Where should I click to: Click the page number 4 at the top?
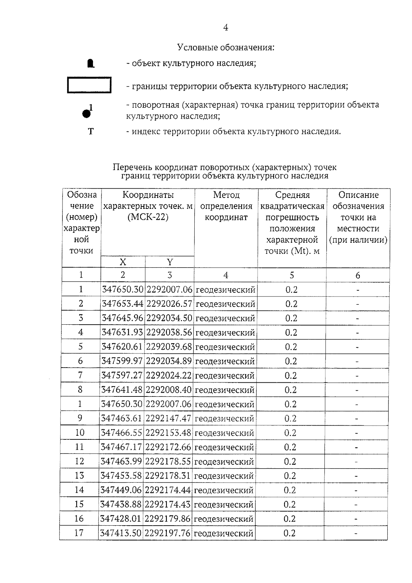pyautogui.click(x=226, y=28)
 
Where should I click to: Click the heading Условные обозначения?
pyautogui.click(x=226, y=47)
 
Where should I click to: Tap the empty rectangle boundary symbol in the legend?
pyautogui.click(x=89, y=85)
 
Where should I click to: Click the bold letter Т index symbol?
pyautogui.click(x=91, y=132)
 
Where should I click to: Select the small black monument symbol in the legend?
pyautogui.click(x=90, y=64)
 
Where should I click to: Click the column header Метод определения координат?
pyautogui.click(x=226, y=206)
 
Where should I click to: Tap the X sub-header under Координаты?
pyautogui.click(x=123, y=262)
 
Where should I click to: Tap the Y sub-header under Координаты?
pyautogui.click(x=170, y=262)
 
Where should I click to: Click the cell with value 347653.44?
pyautogui.click(x=122, y=304)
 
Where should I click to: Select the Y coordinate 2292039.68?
pyautogui.click(x=169, y=347)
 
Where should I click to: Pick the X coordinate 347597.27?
pyautogui.click(x=122, y=375)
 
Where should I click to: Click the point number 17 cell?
pyautogui.click(x=79, y=533)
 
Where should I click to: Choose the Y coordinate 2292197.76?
pyautogui.click(x=168, y=533)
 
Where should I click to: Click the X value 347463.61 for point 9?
pyautogui.click(x=122, y=418)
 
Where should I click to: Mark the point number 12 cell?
pyautogui.click(x=79, y=461)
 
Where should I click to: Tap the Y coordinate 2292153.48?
pyautogui.click(x=168, y=433)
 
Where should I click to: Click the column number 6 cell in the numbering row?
pyautogui.click(x=358, y=275)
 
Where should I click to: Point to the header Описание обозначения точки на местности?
pyautogui.click(x=358, y=217)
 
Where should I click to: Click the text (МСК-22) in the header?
pyautogui.click(x=148, y=217)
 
